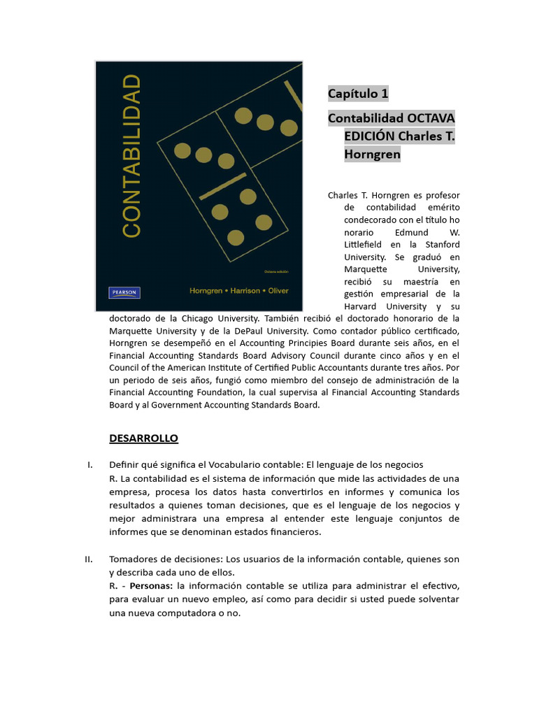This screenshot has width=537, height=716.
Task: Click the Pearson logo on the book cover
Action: click(124, 292)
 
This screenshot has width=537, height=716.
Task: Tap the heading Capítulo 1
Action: click(358, 94)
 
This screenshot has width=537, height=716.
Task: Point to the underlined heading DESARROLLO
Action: click(143, 438)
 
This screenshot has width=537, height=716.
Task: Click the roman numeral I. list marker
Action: click(90, 465)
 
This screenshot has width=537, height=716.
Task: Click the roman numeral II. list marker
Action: click(89, 559)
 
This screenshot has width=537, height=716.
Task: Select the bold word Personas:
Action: click(151, 585)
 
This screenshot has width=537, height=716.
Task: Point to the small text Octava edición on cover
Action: click(276, 271)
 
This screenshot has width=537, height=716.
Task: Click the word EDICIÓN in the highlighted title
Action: click(370, 136)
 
